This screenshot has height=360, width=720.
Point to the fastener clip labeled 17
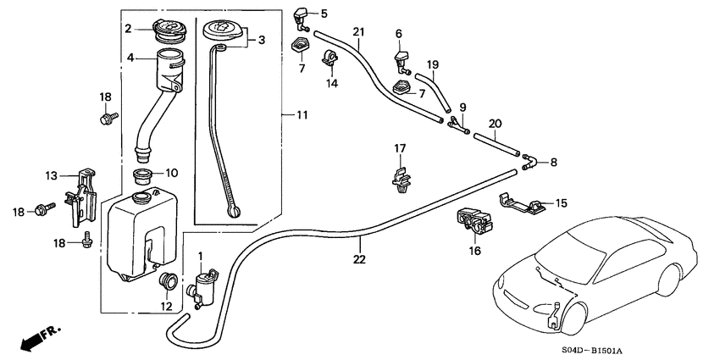pos(400,177)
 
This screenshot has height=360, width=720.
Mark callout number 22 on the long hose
pos(359,259)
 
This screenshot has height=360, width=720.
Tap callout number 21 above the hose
pos(357,31)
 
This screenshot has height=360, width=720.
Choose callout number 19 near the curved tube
pos(432,64)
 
